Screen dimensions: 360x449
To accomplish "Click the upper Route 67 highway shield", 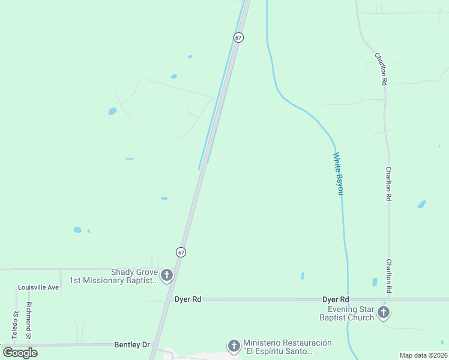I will [x=239, y=37].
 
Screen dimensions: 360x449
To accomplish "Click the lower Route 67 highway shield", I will [x=181, y=252].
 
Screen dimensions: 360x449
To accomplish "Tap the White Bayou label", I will [x=339, y=173].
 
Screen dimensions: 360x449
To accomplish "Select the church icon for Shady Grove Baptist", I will [x=167, y=276].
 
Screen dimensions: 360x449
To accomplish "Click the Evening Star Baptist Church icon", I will [x=384, y=313].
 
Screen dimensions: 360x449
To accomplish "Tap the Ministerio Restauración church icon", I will [x=234, y=346].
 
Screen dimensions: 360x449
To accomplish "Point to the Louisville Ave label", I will [x=38, y=287].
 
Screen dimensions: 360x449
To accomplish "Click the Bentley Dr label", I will [x=131, y=345].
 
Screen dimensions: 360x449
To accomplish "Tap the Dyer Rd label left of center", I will [x=187, y=299].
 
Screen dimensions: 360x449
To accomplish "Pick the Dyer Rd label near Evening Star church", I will [x=336, y=299].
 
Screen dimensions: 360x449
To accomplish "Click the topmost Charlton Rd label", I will [x=381, y=69].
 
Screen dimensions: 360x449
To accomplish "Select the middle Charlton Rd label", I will [x=389, y=184].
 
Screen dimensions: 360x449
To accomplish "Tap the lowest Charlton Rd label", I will [x=389, y=276].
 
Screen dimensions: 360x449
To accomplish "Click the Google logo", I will [x=20, y=353].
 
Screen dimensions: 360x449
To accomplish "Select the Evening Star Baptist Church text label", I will [x=346, y=313].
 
